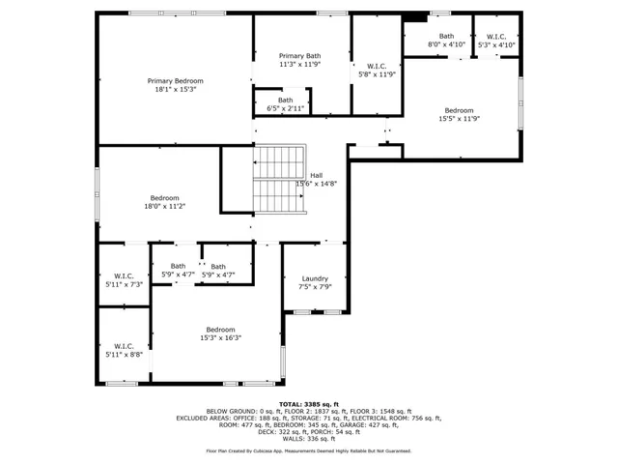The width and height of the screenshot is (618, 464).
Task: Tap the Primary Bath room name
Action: click(x=299, y=56)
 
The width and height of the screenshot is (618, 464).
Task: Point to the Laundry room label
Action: click(x=315, y=278)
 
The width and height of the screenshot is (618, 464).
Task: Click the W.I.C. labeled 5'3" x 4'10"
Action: click(x=494, y=40)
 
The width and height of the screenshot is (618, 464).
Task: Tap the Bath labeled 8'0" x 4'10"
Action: click(x=445, y=40)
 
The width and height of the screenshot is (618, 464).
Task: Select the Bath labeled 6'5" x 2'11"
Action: click(x=286, y=103)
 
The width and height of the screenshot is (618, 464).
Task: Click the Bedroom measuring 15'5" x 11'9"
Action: click(x=459, y=114)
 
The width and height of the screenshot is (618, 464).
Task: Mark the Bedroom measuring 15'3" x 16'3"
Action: click(x=220, y=333)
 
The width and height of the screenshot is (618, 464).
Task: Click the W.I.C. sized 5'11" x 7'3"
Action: click(x=123, y=280)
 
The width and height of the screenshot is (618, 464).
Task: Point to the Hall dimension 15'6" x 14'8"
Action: click(x=316, y=184)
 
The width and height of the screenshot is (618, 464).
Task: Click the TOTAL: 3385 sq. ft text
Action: click(x=308, y=403)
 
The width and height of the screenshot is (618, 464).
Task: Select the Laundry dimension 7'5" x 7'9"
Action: click(x=315, y=287)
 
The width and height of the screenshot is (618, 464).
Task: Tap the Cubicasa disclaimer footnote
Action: click(x=308, y=450)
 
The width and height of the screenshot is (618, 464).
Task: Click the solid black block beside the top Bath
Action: click(x=415, y=15)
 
